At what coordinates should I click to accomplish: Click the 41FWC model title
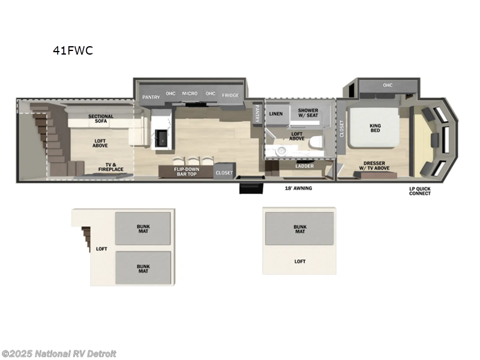click(x=72, y=50)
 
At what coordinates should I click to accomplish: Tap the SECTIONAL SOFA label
click(x=101, y=119)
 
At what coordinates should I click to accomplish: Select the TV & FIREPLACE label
click(x=111, y=167)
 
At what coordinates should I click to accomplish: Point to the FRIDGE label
click(x=230, y=95)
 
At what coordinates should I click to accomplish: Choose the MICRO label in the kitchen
click(x=190, y=94)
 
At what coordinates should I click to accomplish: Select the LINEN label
click(x=276, y=113)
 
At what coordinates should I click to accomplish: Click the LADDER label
click(x=305, y=167)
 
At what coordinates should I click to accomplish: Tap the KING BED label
click(x=376, y=128)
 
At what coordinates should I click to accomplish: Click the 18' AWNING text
click(x=298, y=188)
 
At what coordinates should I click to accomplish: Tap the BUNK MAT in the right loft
click(x=300, y=229)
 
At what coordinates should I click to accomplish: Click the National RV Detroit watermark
click(x=59, y=354)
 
